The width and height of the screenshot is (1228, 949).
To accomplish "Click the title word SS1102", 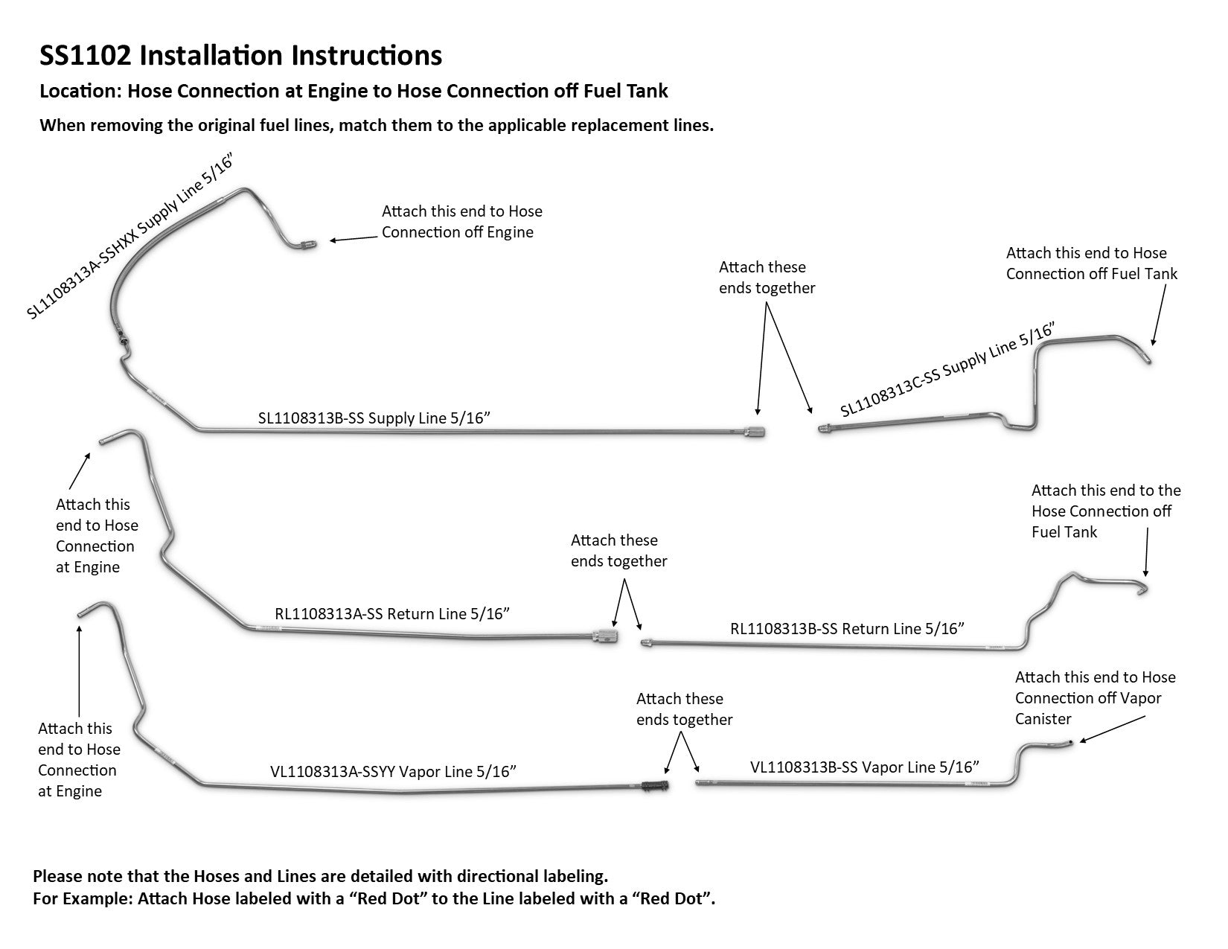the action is click(86, 55).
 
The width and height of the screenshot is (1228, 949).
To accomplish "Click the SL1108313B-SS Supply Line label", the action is click(374, 418).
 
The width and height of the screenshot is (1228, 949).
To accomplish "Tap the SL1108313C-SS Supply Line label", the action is click(947, 369).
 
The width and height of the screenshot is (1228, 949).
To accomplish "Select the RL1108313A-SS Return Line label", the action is click(391, 614).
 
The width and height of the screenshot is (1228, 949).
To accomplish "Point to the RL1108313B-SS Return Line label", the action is click(846, 628).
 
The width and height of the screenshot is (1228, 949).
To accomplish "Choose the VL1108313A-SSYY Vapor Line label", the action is click(393, 772).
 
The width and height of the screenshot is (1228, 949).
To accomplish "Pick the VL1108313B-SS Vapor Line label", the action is click(864, 767).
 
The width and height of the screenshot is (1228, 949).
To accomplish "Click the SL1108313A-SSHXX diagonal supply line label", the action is click(129, 236).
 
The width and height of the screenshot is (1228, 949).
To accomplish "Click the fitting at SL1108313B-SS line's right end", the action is click(754, 432).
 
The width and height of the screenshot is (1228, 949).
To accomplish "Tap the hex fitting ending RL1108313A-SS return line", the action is click(604, 636).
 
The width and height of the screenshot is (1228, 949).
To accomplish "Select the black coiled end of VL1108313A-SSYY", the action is click(656, 786).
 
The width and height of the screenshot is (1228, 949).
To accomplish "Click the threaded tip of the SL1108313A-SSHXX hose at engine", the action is click(308, 245).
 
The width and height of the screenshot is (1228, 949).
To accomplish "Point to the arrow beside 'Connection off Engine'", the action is click(354, 238).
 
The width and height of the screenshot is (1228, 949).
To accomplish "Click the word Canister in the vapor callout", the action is click(1043, 719).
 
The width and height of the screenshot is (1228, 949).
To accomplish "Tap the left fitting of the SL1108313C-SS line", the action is click(825, 429).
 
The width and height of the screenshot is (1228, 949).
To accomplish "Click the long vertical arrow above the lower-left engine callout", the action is click(79, 671).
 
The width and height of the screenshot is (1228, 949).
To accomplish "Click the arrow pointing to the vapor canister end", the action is click(1112, 729).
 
